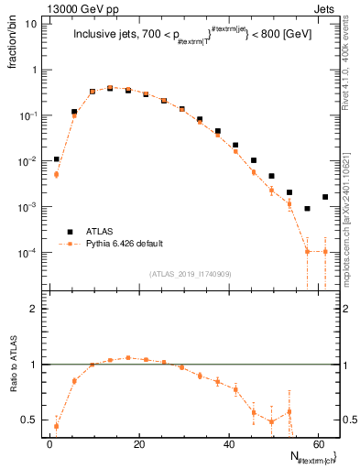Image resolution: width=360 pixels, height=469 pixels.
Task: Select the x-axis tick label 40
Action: (x=229, y=443)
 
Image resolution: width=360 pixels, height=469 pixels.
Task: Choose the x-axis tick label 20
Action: (x=139, y=443)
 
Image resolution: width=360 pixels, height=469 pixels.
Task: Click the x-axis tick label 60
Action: (x=319, y=443)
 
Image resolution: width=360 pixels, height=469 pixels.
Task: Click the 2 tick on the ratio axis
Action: (x=34, y=310)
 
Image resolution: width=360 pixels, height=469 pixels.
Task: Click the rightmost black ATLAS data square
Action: (x=325, y=197)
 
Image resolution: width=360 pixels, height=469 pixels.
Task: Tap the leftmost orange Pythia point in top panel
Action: (x=56, y=174)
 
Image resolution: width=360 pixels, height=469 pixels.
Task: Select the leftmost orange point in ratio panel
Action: (x=56, y=426)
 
